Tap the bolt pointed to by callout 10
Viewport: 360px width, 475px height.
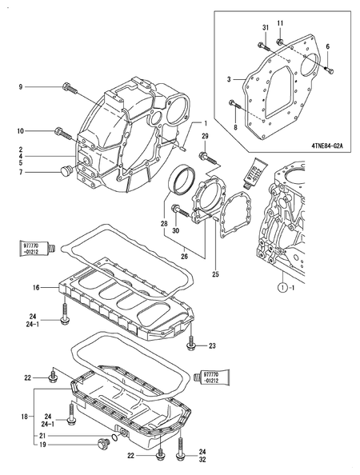coord(62,130)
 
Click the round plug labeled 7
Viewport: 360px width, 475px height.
coord(66,170)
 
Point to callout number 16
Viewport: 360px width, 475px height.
coord(36,286)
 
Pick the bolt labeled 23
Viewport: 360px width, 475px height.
coord(191,344)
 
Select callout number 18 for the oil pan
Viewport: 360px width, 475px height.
coord(23,417)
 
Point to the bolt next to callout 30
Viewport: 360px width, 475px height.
coord(179,214)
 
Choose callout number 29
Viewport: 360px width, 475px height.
coord(204,138)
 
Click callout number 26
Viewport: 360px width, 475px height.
coord(183,257)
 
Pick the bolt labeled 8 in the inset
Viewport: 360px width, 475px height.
coord(234,103)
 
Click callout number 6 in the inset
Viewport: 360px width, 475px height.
coord(326,47)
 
